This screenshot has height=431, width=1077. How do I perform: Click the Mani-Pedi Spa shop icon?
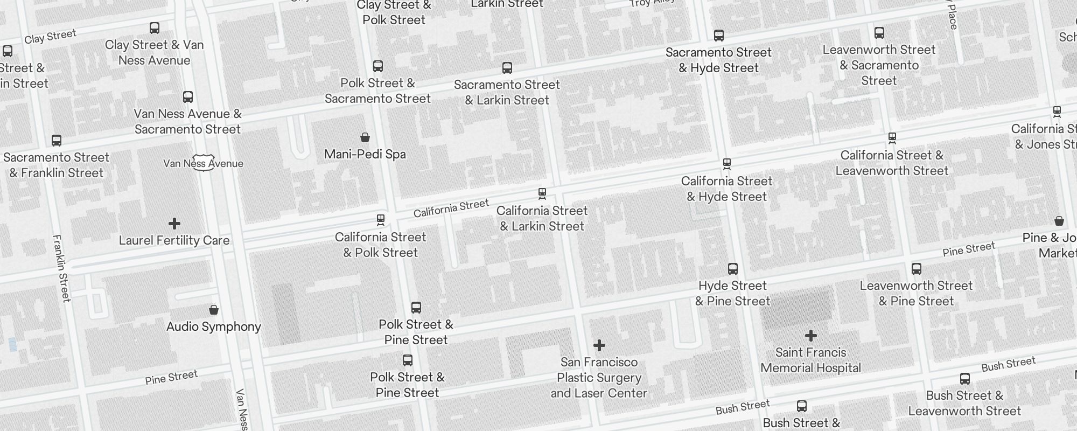pyautogui.click(x=365, y=137)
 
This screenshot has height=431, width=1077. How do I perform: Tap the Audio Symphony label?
pyautogui.click(x=214, y=326)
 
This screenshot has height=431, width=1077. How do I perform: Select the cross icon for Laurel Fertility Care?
pyautogui.click(x=174, y=223)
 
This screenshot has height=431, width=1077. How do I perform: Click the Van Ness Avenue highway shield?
pyautogui.click(x=203, y=163)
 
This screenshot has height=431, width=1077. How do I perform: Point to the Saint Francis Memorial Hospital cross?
pyautogui.click(x=811, y=336)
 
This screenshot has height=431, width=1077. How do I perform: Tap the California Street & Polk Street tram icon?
pyautogui.click(x=381, y=220)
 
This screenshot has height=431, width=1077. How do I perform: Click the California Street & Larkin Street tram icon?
pyautogui.click(x=542, y=193)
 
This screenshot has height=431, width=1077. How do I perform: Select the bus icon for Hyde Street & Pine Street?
pyautogui.click(x=733, y=268)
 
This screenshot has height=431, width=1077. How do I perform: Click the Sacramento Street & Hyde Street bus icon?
pyautogui.click(x=719, y=36)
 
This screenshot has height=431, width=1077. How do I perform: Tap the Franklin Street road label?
pyautogui.click(x=62, y=268)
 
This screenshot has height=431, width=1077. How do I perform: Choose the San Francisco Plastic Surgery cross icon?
pyautogui.click(x=599, y=345)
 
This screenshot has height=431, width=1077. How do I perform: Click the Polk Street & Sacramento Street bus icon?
pyautogui.click(x=378, y=66)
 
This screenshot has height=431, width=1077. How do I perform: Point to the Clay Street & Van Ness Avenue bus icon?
pyautogui.click(x=155, y=28)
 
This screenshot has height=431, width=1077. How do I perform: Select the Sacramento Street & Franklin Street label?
pyautogui.click(x=57, y=165)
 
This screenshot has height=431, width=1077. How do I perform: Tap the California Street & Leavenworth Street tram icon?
pyautogui.click(x=892, y=138)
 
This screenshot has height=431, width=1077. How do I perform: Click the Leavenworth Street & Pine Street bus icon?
pyautogui.click(x=917, y=268)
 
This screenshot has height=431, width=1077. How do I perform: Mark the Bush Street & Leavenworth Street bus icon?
pyautogui.click(x=965, y=379)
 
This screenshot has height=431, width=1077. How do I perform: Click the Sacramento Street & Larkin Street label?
pyautogui.click(x=507, y=92)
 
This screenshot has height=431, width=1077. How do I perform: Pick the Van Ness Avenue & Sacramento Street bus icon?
pyautogui.click(x=188, y=97)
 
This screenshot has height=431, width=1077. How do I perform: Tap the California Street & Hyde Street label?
pyautogui.click(x=726, y=189)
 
